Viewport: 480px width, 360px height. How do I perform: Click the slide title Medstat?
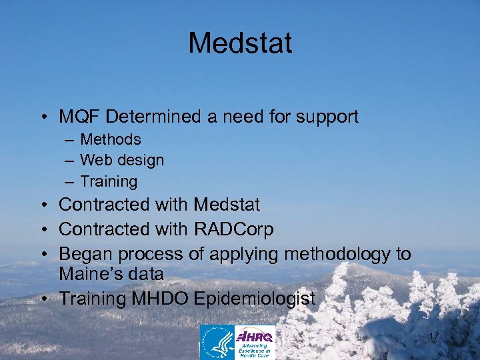coord(240,43)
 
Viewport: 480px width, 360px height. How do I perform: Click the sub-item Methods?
coord(111,139)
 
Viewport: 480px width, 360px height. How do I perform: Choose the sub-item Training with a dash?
coord(109,181)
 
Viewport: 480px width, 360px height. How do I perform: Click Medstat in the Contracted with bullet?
coord(227,204)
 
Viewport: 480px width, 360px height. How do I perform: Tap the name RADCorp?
coord(233,229)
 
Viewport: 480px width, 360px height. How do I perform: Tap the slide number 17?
coord(433,336)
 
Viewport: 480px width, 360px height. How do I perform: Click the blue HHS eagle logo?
coord(217,342)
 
